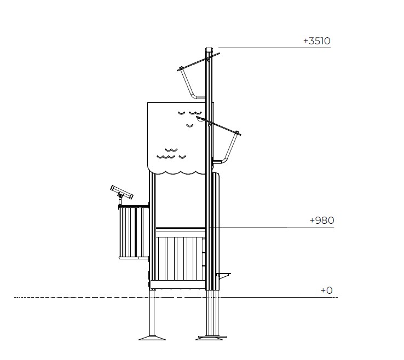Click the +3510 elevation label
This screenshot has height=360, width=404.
pos(316,41)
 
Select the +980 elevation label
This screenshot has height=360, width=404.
pos(322,220)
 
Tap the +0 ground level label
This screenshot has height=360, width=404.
pos(326,291)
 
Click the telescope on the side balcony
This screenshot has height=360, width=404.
pos(122,192)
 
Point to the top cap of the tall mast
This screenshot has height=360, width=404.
pos(209,49)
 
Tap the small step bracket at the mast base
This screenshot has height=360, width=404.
pos(223,275)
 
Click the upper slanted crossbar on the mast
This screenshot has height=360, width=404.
pos(198,62)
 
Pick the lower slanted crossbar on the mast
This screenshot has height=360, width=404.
pos(218,126)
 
